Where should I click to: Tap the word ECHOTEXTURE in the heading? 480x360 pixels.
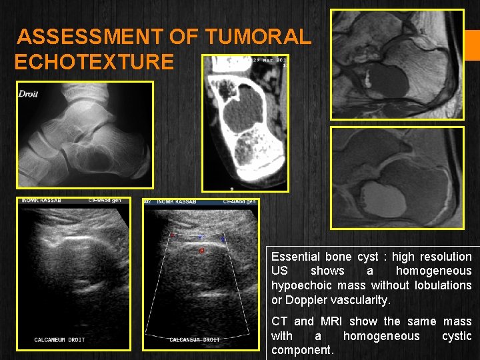(x=94, y=63)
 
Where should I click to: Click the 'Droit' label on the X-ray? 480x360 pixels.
(x=29, y=94)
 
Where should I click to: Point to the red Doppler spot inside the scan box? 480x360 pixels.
(x=201, y=251)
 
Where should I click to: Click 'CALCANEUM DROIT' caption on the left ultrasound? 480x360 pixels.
(x=59, y=340)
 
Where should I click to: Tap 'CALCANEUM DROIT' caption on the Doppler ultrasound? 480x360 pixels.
(x=195, y=340)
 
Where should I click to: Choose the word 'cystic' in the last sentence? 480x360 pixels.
(x=457, y=336)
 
